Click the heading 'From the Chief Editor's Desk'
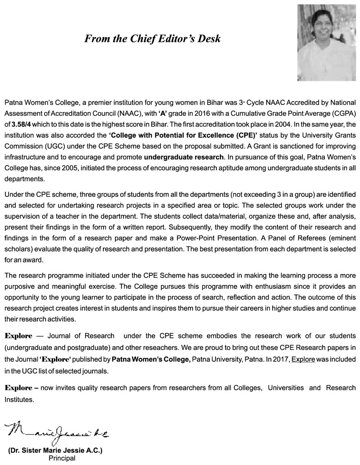tap(152, 39)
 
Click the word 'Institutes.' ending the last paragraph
tap(19, 399)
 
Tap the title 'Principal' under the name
tap(62, 458)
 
